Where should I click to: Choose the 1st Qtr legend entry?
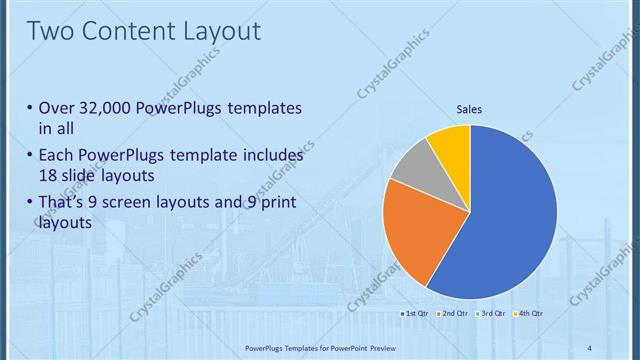click(x=415, y=314)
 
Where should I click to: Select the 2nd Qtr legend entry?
click(x=453, y=314)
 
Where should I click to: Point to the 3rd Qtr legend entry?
click(x=490, y=314)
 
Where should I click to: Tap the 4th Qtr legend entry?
click(x=528, y=314)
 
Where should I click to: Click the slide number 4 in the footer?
click(x=589, y=348)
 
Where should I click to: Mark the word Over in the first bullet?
click(x=56, y=107)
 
